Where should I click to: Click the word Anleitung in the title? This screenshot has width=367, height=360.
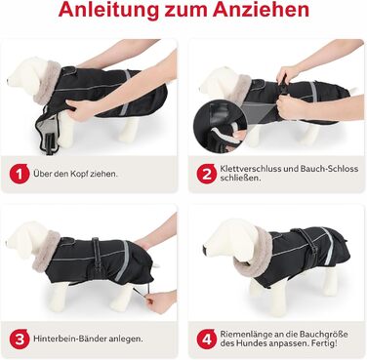tap(108, 10)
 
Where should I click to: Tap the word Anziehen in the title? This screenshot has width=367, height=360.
tap(261, 10)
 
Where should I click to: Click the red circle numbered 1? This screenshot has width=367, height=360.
tap(20, 174)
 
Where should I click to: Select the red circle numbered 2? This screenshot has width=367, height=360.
tap(207, 174)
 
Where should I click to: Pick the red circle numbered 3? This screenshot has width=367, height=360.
tap(20, 339)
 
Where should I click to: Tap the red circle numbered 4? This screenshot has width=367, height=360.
tap(207, 339)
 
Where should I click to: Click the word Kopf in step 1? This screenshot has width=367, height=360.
tap(79, 174)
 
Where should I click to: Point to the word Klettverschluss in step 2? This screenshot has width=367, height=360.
tap(249, 169)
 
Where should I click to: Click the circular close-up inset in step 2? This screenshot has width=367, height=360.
tap(221, 126)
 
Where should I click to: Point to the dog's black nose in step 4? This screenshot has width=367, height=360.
tap(204, 251)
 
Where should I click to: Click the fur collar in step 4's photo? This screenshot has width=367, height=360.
tap(257, 257)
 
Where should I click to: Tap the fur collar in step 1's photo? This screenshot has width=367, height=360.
tap(50, 83)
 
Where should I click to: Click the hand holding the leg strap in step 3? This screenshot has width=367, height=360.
tap(161, 301)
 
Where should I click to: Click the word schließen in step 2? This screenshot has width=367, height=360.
tap(240, 179)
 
